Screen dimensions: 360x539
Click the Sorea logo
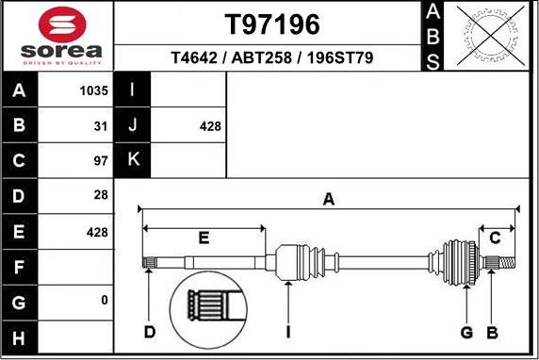(57, 35)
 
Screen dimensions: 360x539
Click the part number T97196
(272, 24)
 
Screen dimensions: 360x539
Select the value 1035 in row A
(95, 91)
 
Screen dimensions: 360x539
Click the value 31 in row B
(102, 125)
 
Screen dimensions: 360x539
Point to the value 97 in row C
(102, 160)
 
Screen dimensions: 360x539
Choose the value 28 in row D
(102, 195)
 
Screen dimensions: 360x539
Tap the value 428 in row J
(211, 125)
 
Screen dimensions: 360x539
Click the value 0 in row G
(104, 300)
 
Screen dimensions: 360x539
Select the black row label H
(20, 336)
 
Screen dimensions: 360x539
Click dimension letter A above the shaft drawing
(328, 199)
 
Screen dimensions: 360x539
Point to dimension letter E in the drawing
(204, 237)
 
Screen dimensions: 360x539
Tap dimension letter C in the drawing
(495, 237)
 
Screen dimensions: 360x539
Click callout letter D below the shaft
(149, 332)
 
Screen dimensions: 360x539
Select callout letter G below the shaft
(465, 332)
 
